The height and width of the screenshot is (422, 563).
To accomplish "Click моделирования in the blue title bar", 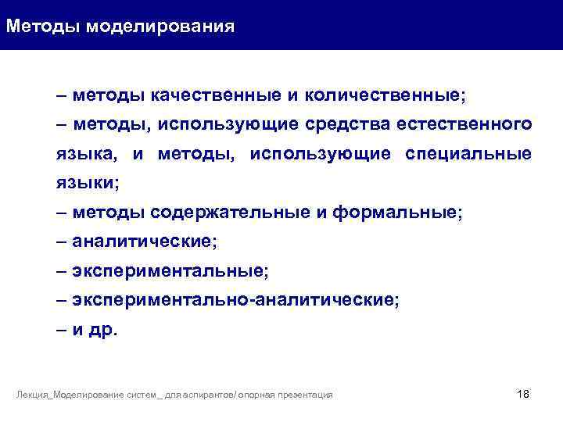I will (x=160, y=27).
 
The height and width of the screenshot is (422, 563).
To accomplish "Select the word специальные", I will (x=468, y=154).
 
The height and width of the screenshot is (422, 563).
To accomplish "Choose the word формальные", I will (x=397, y=213).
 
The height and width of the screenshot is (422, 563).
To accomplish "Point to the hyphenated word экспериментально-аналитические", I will (x=235, y=300).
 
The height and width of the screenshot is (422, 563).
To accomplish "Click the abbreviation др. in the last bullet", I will (x=103, y=330).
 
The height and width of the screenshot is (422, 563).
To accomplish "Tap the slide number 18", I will (x=523, y=393).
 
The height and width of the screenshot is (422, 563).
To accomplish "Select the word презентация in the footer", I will (x=307, y=395).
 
